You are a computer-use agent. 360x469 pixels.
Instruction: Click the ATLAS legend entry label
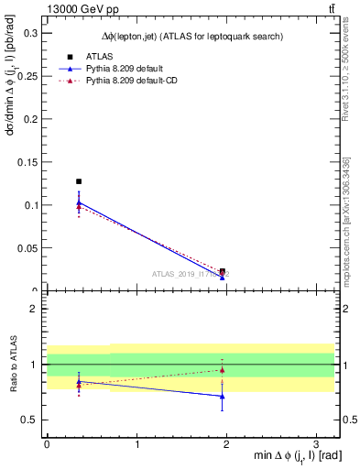99,56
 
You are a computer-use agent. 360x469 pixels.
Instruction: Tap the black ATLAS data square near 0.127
79,181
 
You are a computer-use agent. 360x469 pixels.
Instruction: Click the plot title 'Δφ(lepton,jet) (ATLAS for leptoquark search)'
191,36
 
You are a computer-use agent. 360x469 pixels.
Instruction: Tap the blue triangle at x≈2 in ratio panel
223,397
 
